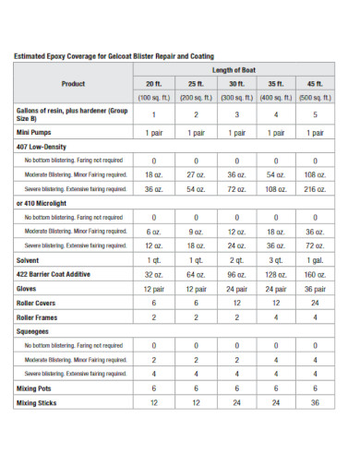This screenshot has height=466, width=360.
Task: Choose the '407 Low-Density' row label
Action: (x=41, y=146)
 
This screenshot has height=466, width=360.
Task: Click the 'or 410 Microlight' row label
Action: (x=42, y=203)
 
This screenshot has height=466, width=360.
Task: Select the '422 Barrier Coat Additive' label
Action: (x=54, y=274)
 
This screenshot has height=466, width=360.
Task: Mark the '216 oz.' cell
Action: (x=316, y=188)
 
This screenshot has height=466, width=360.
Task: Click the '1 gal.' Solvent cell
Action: (x=316, y=260)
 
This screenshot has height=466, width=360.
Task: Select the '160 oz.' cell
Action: (x=316, y=274)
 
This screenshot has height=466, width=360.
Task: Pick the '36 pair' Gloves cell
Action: (x=316, y=289)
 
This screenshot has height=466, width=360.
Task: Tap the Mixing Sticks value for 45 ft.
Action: (x=316, y=402)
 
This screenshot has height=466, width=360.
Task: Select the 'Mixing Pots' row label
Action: (x=35, y=388)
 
